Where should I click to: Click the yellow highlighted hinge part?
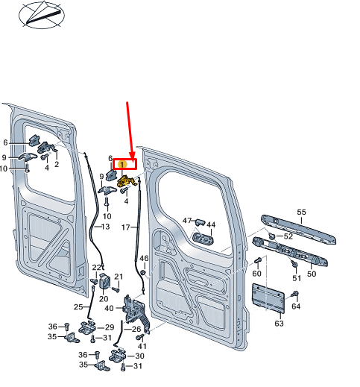coord(126,181)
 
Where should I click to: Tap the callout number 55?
coord(301,213)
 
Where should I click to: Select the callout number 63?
coord(280,324)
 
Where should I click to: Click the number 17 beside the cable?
coord(126,227)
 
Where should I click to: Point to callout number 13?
coord(105,227)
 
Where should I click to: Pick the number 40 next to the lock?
coord(109,308)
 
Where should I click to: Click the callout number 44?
coord(211,224)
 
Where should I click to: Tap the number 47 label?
coord(187,221)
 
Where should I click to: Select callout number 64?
coord(296,306)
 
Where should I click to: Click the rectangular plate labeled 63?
coord(268,298)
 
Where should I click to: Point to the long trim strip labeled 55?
coord(298,229)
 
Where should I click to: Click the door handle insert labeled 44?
coord(203,238)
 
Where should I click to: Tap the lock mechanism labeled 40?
coord(136,312)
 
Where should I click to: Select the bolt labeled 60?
coord(257,261)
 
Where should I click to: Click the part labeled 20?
coord(104,280)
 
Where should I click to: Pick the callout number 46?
coord(144,259)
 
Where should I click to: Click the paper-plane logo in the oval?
coord(42,15)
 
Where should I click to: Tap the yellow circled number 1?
coord(122,165)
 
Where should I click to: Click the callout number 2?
coord(57,164)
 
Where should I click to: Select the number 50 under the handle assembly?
coord(312,274)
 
